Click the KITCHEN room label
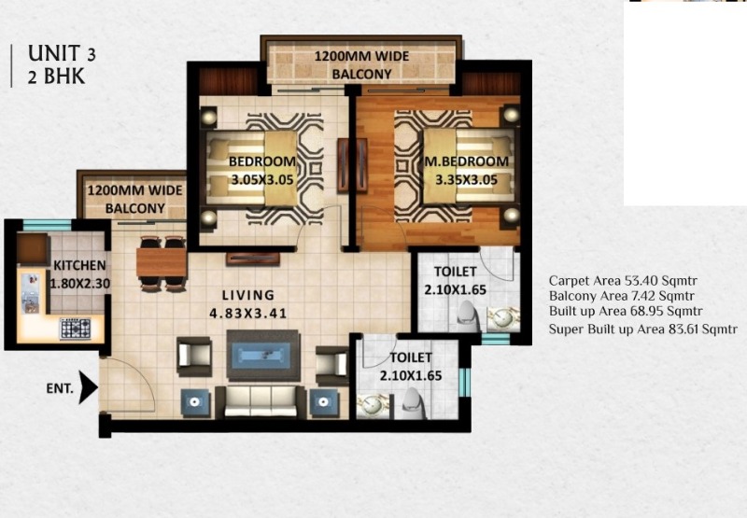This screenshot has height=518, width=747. tap(79, 265)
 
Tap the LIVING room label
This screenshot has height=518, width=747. tap(248, 295)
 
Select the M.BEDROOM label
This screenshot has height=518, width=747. tap(466, 161)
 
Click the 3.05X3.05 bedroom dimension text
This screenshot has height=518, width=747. tap(262, 179)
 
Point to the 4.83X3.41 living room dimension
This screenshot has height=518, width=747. tap(248, 314)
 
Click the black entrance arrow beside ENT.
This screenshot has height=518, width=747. tap(88, 387)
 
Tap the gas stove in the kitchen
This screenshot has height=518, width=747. tap(75, 329)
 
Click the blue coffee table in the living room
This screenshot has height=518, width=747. tap(263, 356)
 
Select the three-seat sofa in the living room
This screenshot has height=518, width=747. tap(261, 401)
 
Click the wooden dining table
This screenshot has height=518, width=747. tap(162, 262)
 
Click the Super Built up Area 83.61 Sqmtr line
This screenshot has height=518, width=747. tap(642, 329)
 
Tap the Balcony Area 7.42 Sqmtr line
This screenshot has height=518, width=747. tap(621, 296)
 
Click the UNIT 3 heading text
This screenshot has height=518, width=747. tap(62, 53)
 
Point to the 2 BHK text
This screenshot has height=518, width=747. tap(56, 77)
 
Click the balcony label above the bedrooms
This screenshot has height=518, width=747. tap(361, 65)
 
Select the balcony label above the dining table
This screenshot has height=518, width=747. tap(134, 199)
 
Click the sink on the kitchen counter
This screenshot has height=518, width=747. tap(30, 293)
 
